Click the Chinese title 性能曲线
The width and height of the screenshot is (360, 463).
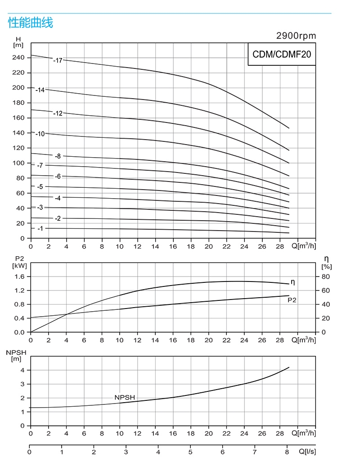(x=31, y=23)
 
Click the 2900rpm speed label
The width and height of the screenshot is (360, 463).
(x=296, y=36)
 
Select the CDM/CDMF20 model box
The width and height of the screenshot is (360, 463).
(x=282, y=54)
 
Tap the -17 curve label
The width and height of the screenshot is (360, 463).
(x=58, y=60)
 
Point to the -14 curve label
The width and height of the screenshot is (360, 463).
(x=40, y=90)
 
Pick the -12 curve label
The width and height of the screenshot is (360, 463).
(x=58, y=113)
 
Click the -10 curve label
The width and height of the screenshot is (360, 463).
(x=40, y=134)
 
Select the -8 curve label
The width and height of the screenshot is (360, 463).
(x=58, y=156)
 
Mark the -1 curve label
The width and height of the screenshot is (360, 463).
(x=40, y=228)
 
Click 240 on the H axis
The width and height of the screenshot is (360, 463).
(x=18, y=58)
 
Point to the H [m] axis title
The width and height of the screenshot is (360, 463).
(x=18, y=42)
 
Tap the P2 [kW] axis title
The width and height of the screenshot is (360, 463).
(x=19, y=262)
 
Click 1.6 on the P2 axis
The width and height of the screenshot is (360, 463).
(x=19, y=277)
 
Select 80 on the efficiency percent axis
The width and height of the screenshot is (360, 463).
(x=325, y=277)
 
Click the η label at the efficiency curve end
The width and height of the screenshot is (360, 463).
(x=292, y=282)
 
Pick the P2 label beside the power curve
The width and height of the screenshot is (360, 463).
(x=292, y=300)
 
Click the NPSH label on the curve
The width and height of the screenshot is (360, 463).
(x=125, y=397)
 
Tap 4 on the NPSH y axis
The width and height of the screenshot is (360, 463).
(x=22, y=370)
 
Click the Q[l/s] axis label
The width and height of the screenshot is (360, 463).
(x=307, y=452)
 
